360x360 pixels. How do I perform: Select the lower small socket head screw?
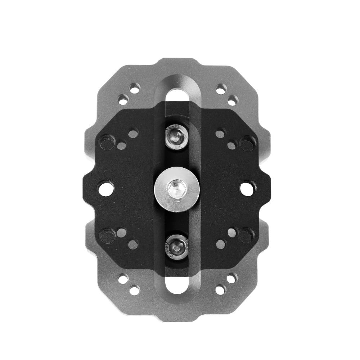click(x=176, y=246)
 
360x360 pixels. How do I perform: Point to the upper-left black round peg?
click(x=107, y=143)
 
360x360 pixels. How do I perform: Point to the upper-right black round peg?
click(x=247, y=143)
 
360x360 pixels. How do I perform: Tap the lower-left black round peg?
click(x=107, y=236)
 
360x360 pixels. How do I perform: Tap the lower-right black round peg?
click(x=246, y=236)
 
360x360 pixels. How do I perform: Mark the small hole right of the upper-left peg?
click(x=122, y=146)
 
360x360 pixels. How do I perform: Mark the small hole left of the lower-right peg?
click(x=231, y=233)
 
